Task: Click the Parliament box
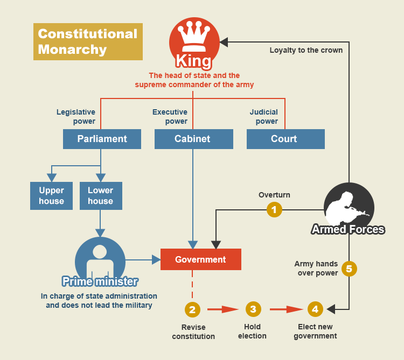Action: (x=102, y=139)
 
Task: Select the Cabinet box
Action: (x=193, y=139)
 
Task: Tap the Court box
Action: (x=285, y=139)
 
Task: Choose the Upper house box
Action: (x=51, y=196)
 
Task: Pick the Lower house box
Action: (x=101, y=196)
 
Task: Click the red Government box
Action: (x=200, y=259)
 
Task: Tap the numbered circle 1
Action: (x=274, y=209)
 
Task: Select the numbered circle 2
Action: (x=192, y=309)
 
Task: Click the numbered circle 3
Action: (x=253, y=309)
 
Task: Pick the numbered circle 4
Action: (x=315, y=309)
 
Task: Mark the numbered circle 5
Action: (x=349, y=268)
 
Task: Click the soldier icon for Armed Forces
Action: (x=349, y=207)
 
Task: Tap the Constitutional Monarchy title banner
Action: (x=88, y=41)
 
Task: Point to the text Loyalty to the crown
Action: (x=306, y=50)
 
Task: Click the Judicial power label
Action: (x=264, y=117)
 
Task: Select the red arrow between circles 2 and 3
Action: (x=222, y=309)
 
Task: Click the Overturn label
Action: (x=274, y=195)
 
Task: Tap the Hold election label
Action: (x=252, y=331)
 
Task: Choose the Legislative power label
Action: (x=76, y=117)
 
